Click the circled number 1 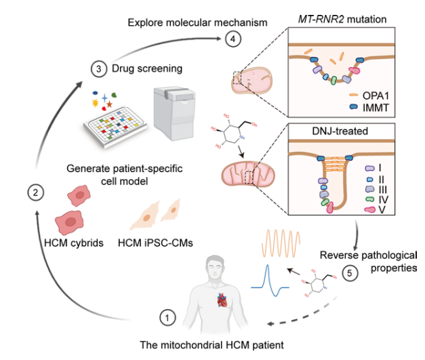[166, 316]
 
